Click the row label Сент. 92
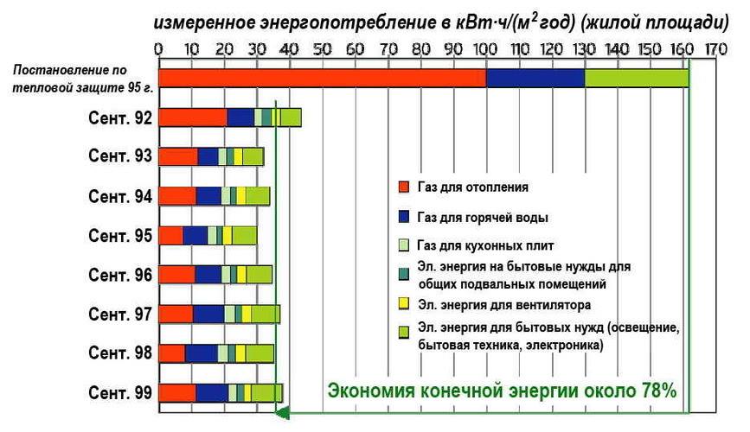[121, 118]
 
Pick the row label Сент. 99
[121, 393]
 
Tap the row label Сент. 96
[121, 275]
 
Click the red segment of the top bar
[322, 78]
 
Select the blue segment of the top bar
[535, 78]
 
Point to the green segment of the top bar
[637, 78]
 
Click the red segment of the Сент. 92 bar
[193, 118]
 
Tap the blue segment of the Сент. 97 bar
[208, 314]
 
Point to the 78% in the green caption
[657, 391]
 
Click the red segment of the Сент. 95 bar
[171, 235]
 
